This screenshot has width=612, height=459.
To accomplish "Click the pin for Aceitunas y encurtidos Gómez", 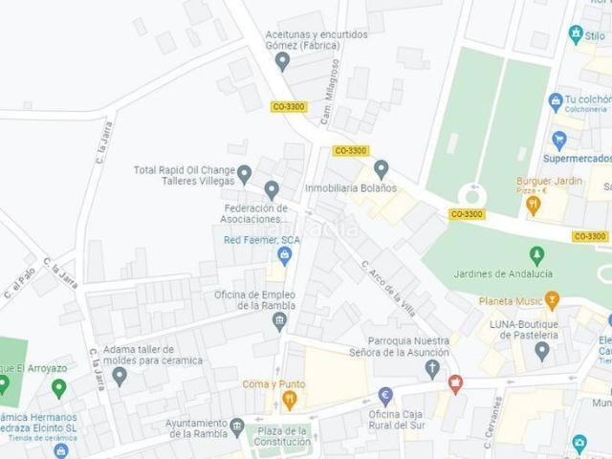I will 282,61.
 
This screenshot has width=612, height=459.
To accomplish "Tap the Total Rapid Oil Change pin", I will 245,174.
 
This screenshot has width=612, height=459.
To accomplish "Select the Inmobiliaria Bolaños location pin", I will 382,169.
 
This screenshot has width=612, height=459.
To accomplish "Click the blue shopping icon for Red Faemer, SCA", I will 284,254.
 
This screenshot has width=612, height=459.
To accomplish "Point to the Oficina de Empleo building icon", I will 279,320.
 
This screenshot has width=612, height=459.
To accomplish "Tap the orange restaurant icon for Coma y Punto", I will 290,399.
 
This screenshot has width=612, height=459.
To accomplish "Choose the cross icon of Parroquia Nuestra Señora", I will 432,367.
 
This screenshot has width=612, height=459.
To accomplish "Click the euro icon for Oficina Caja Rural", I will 385,395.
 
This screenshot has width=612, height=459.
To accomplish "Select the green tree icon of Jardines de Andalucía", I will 536,255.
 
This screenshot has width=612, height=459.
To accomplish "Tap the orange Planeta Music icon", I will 552,301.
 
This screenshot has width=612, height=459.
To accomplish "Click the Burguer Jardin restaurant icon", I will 534,204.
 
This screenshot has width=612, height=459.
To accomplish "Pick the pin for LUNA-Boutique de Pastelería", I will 542,350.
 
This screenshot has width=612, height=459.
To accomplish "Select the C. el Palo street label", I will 19,282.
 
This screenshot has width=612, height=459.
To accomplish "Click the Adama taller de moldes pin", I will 120,375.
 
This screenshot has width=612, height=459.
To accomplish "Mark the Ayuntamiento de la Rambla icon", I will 237,426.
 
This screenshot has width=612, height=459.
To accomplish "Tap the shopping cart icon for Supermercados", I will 559,141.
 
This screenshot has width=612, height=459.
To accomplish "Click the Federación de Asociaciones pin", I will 272,189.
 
